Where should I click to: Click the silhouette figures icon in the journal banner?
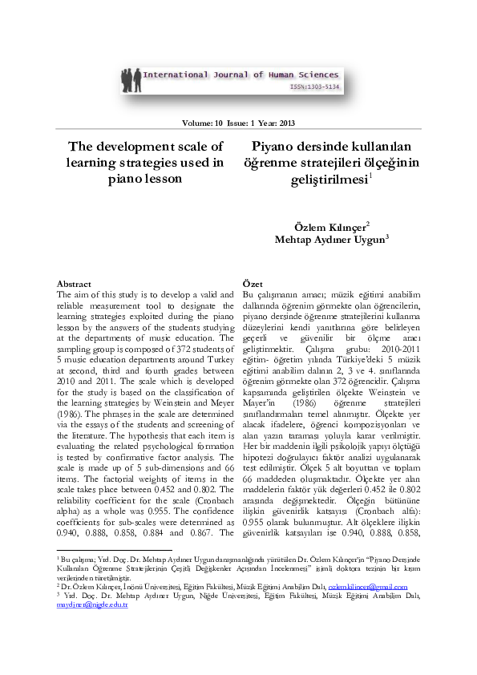132,80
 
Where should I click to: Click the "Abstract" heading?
74,284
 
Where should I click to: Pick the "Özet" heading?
252,284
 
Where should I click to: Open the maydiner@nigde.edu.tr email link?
92,606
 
